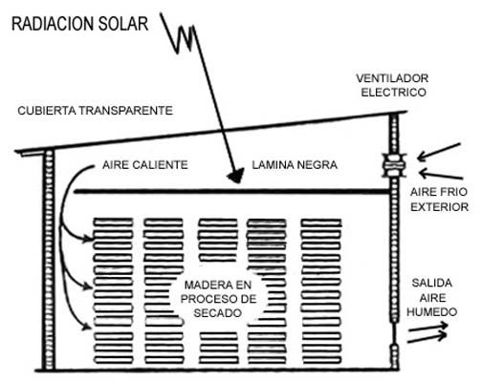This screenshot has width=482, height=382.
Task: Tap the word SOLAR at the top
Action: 123,24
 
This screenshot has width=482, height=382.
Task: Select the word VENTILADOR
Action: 392,78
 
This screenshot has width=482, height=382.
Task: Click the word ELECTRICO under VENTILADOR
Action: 393,93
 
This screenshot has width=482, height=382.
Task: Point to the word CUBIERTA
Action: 47,111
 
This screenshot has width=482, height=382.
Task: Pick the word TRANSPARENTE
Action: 125,111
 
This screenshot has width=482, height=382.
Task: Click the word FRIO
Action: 453,192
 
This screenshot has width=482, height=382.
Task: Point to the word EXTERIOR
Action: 439,207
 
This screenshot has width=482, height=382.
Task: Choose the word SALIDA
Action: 432,283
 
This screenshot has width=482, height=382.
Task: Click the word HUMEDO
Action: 432,312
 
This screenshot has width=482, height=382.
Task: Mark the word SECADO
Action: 218,313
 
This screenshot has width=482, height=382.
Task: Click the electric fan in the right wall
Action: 394,165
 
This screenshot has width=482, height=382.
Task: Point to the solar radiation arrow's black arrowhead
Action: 236,176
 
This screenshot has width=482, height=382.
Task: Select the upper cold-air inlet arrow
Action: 439,152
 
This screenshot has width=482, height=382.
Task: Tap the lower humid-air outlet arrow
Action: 427,338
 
